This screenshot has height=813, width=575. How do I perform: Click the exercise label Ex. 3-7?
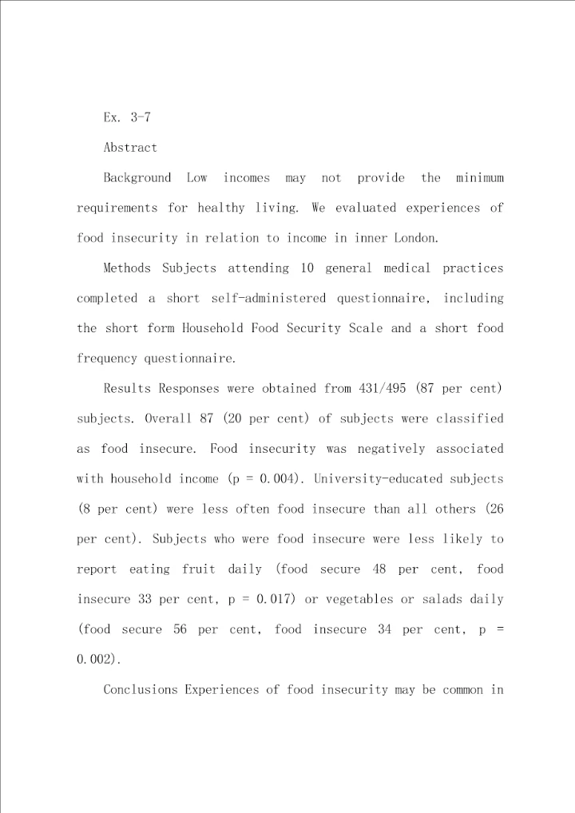tap(127, 117)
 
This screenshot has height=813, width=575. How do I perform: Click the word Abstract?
tap(130, 148)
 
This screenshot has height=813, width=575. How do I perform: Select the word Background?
tap(137, 178)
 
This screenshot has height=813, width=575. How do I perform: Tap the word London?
tap(418, 238)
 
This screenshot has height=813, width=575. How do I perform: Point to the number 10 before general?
tap(307, 268)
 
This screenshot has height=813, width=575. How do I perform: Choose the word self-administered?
tap(268, 299)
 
